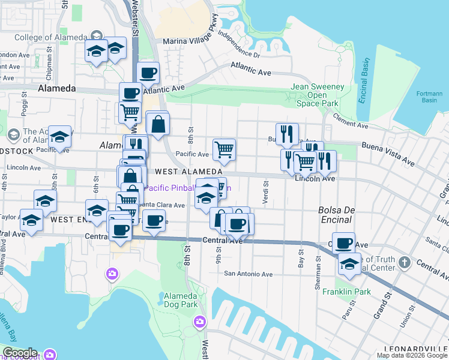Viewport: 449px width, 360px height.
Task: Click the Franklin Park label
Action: coord(346,292)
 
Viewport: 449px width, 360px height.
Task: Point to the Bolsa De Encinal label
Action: coord(335,215)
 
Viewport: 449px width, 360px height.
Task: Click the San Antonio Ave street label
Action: coord(248,274)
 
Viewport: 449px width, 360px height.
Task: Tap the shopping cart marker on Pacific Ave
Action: coord(224,149)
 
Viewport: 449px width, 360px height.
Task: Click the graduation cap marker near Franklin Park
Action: coord(349,264)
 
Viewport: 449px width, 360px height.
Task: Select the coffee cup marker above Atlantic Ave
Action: coord(148,73)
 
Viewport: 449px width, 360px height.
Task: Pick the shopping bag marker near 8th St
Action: coord(158,125)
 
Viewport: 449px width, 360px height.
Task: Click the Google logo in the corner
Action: coord(19,353)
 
